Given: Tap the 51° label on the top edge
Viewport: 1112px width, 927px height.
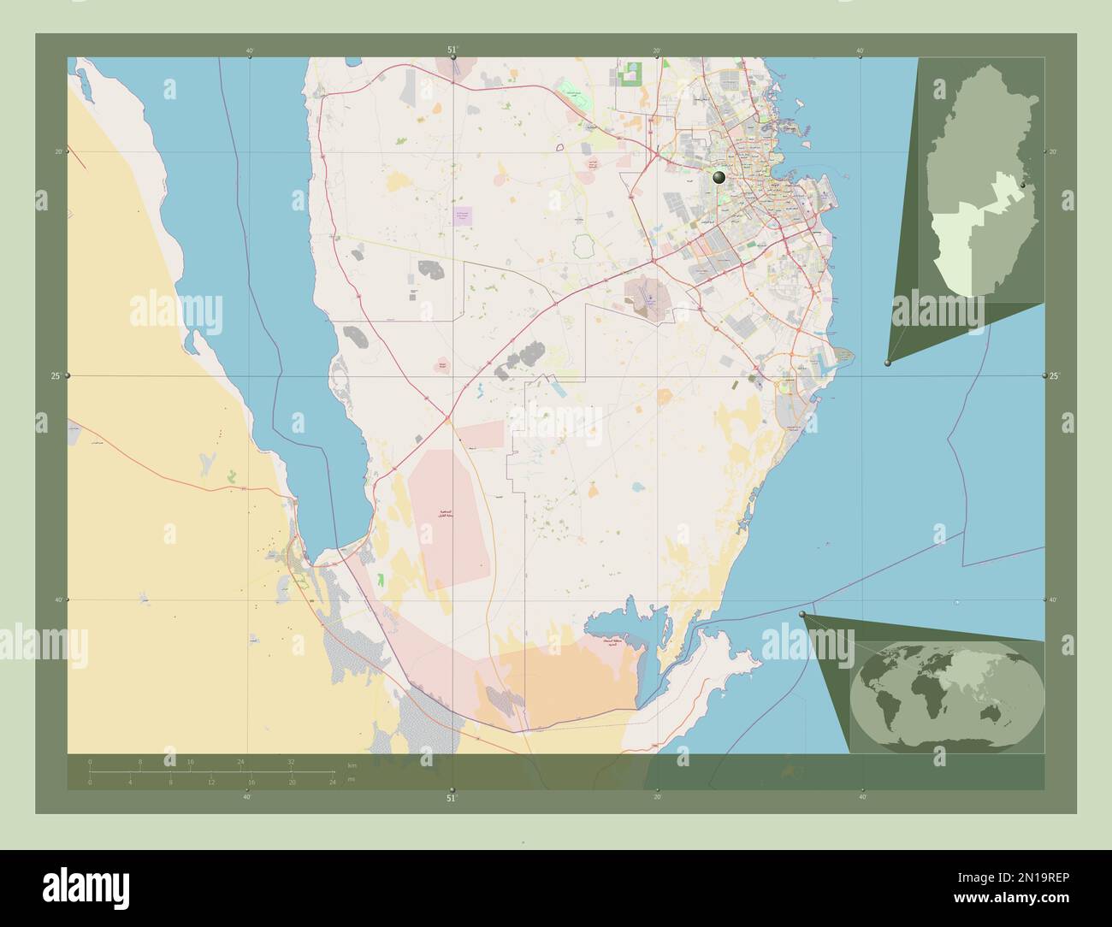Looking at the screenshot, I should (x=452, y=50).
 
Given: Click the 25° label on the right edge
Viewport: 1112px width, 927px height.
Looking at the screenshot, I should (x=1054, y=376).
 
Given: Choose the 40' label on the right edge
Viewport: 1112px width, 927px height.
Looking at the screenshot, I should (x=1054, y=599).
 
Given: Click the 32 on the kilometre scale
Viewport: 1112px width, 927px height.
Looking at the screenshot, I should (x=291, y=761).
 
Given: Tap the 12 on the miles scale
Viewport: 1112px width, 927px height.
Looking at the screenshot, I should (x=210, y=782).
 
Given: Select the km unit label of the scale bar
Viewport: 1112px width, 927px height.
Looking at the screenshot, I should (x=352, y=765).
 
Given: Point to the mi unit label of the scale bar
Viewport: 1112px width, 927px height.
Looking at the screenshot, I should (x=351, y=779).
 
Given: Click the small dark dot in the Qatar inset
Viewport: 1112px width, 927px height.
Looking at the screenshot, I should (x=1024, y=185).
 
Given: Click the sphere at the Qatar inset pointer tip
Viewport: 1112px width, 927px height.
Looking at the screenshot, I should (x=888, y=364).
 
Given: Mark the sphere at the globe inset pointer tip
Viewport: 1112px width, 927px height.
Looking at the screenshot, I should (x=801, y=615).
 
